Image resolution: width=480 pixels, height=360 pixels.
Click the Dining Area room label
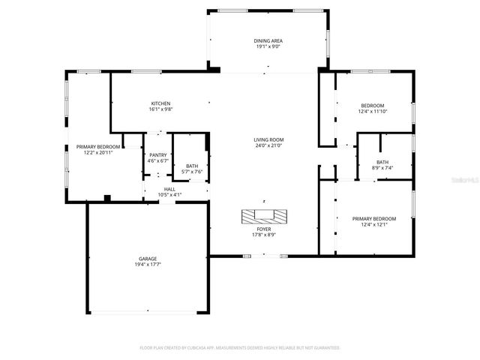[x=268, y=40]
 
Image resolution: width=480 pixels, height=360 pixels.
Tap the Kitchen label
[x=160, y=103]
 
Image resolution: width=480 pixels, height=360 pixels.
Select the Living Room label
[x=268, y=139]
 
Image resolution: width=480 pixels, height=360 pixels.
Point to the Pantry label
[x=157, y=154]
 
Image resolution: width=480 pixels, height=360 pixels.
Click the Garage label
[x=147, y=259]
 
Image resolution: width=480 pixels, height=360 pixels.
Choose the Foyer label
[x=264, y=229]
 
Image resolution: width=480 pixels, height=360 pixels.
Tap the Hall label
[x=169, y=189]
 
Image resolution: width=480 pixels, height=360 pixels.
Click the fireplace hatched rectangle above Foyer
[x=264, y=217]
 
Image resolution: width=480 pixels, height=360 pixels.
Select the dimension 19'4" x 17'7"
[x=147, y=265]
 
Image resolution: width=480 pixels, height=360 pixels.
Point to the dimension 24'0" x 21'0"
[x=268, y=145]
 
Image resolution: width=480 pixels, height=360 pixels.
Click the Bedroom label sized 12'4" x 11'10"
[x=372, y=106]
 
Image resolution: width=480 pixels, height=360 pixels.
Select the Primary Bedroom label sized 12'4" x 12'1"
[x=374, y=218]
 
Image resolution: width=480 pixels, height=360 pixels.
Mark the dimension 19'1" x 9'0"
[x=268, y=46]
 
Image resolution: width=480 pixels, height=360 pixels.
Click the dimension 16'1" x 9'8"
[x=160, y=109]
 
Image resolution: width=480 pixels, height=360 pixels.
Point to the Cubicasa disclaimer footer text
[x=240, y=348]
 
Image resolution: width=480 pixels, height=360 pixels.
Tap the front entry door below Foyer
[x=264, y=256]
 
